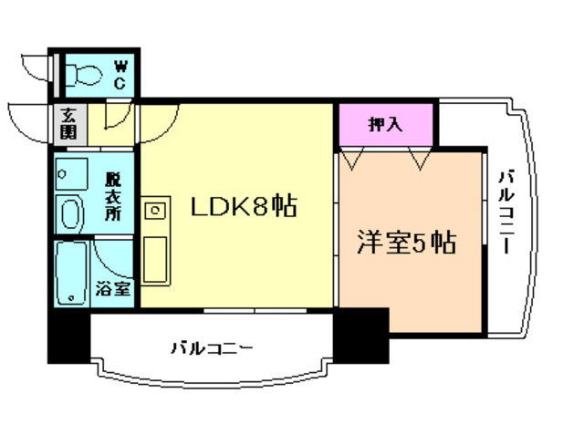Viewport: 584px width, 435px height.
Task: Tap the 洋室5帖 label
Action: pos(405,243)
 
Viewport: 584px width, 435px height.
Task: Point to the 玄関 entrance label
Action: pos(69,122)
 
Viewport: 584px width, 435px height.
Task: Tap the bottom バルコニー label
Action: pos(211,348)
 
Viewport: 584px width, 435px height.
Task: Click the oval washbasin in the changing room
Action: pos(69,214)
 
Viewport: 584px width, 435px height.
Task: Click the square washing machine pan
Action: pos(69,171)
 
